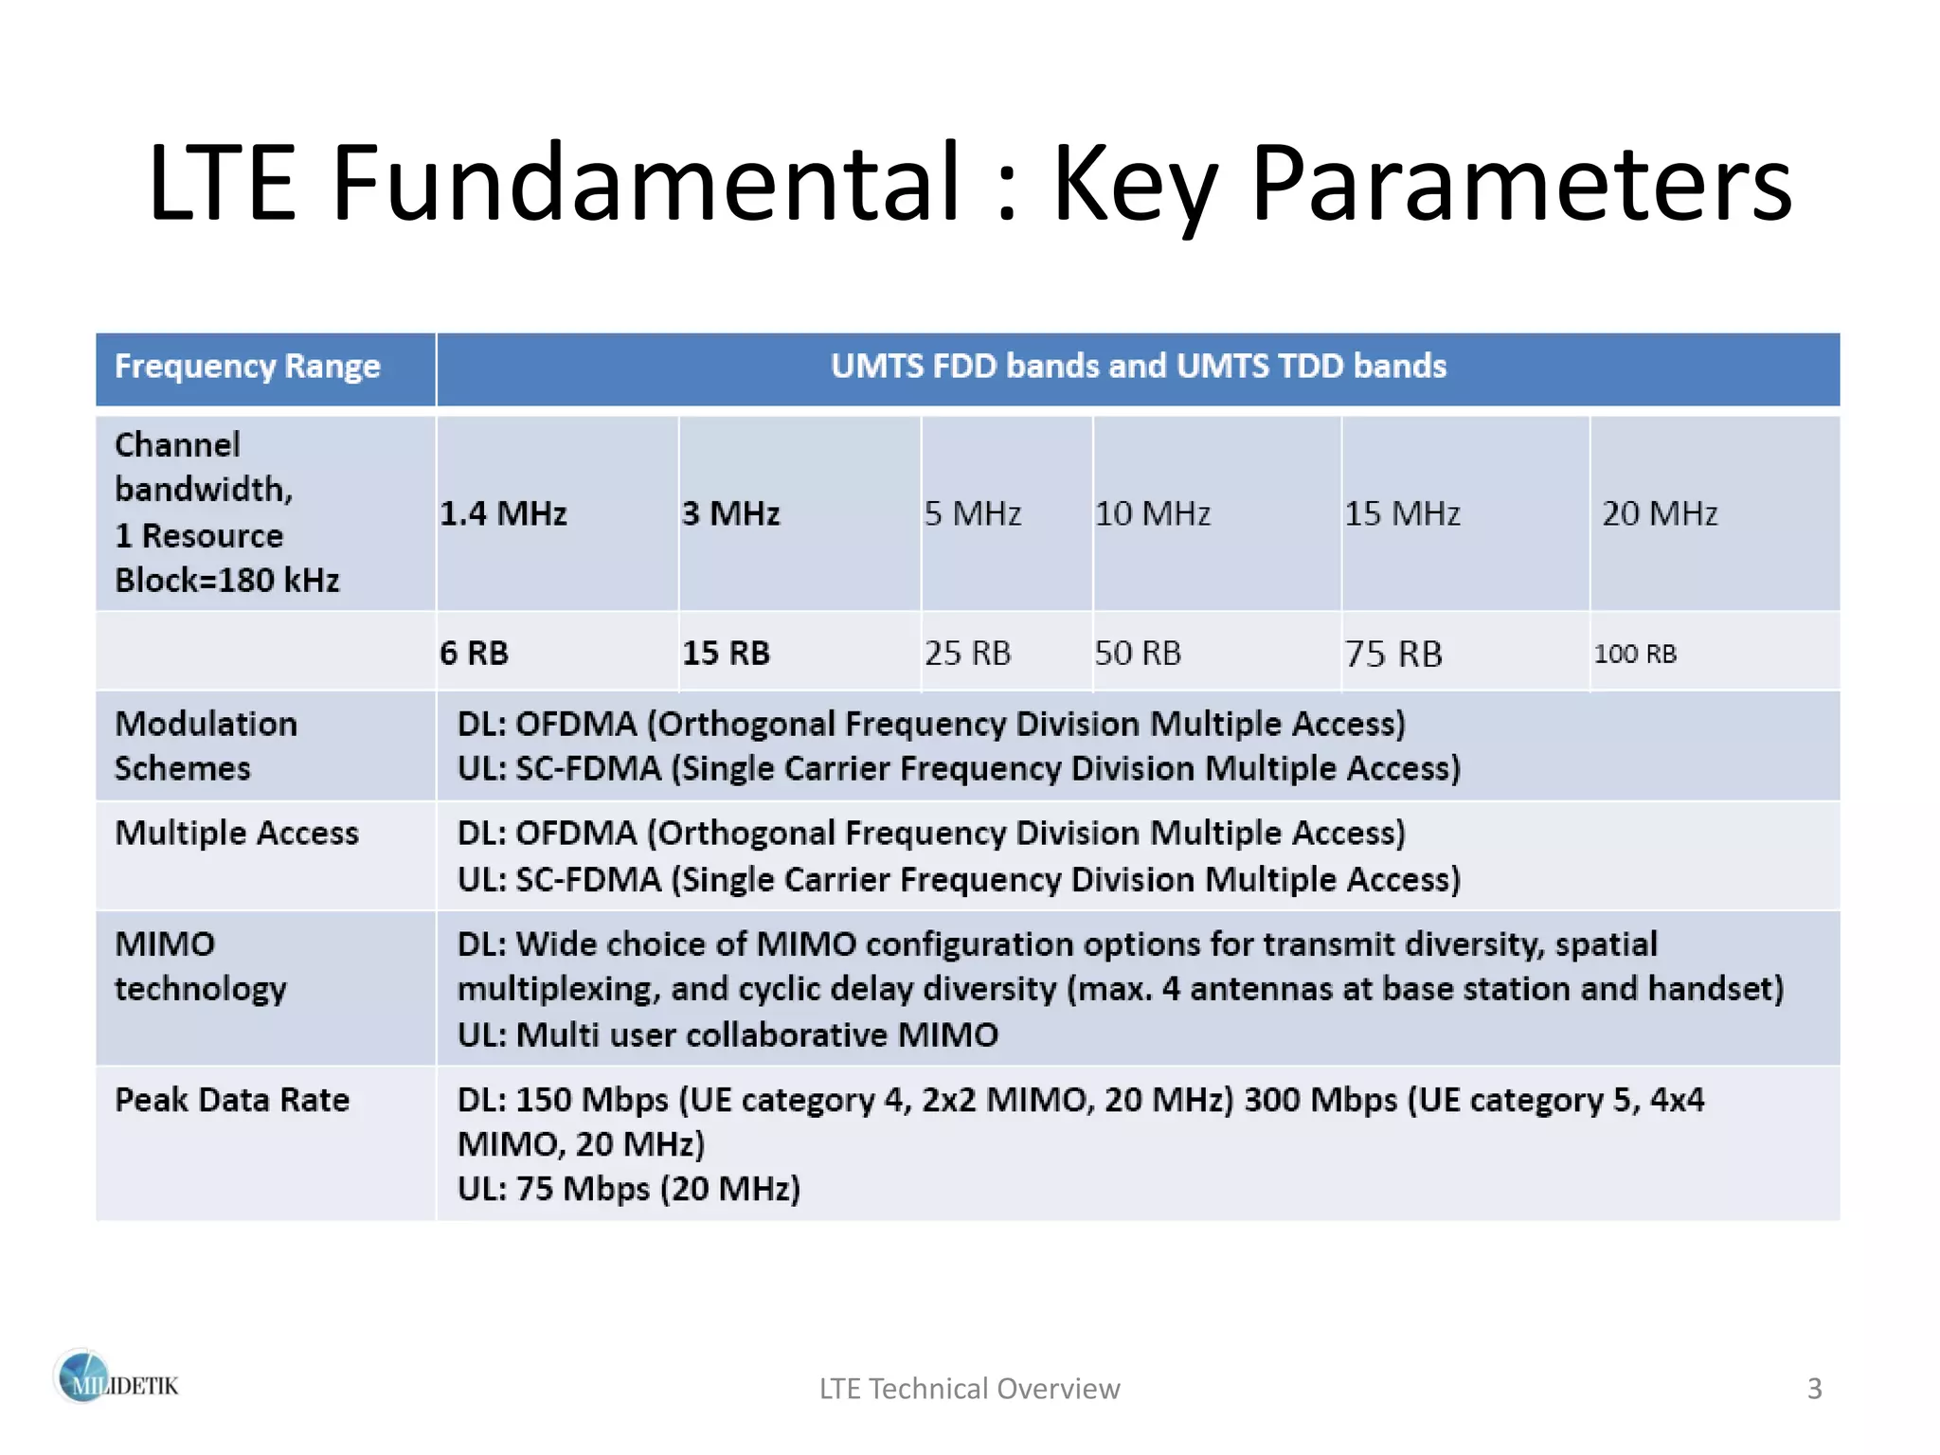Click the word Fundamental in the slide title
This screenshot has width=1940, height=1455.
coord(646,182)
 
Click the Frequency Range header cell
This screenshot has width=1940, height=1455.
coord(247,367)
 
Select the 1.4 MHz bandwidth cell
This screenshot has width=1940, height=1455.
coord(503,513)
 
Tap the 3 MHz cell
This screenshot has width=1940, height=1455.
coord(730,513)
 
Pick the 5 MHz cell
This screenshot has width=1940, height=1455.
coord(973,513)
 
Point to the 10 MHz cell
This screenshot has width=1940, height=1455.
coord(1153,513)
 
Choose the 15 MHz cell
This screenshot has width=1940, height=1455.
coord(1403,513)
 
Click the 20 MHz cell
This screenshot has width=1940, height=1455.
coord(1660,513)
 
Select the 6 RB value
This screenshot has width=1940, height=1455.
coord(474,653)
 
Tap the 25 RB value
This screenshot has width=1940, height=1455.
coord(968,653)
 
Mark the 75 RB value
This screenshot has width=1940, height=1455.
coord(1393,654)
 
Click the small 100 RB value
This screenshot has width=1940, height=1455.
coord(1635,654)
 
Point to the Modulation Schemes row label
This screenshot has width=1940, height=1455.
coord(206,745)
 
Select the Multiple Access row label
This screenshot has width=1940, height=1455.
coord(237,833)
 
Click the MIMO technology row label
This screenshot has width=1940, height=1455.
coord(200,966)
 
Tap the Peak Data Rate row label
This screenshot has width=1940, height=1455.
coord(232,1100)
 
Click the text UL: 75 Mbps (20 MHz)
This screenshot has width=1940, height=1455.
coord(629,1188)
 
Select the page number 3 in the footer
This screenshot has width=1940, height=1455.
coord(1814,1389)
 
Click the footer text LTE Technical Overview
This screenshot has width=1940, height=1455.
coord(969,1389)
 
